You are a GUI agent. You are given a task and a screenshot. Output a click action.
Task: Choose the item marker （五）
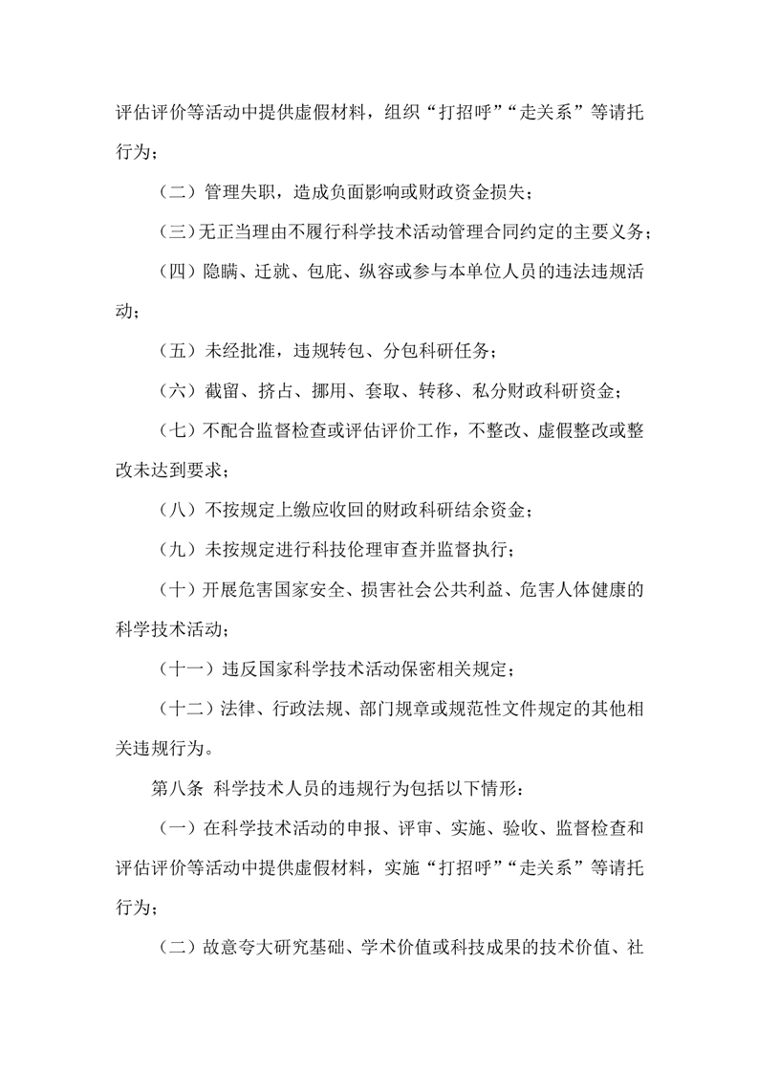tap(175, 351)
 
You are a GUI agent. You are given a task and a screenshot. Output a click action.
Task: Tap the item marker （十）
tap(175, 589)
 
